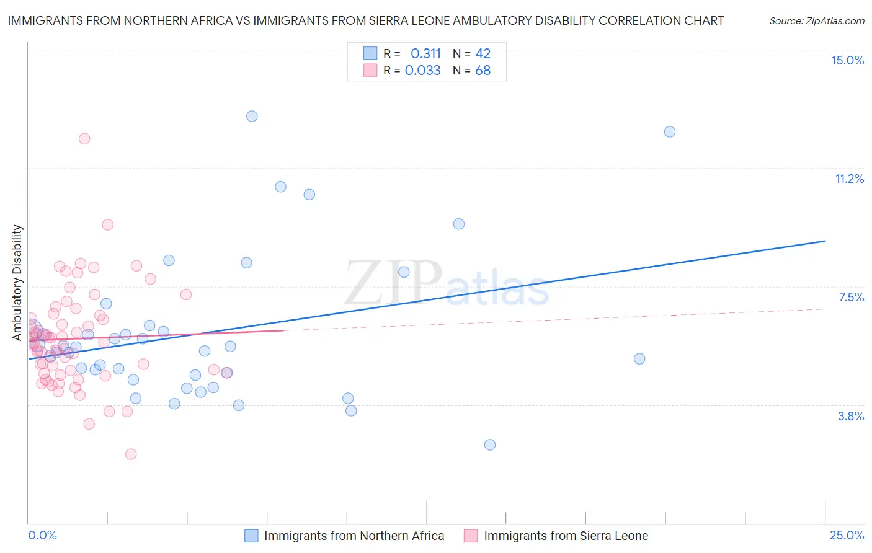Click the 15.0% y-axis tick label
[x=847, y=60]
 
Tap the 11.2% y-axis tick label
[x=849, y=179]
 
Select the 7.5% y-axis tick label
[x=851, y=297]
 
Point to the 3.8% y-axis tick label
[x=851, y=416]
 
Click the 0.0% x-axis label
[x=42, y=535]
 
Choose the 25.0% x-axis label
[x=847, y=535]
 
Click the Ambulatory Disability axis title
[x=17, y=282]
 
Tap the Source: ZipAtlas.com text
[x=816, y=20]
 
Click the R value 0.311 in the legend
[x=425, y=53]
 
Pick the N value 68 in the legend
[x=483, y=70]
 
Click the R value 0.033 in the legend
[x=422, y=70]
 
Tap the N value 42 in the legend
[x=483, y=53]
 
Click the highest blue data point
[x=252, y=116]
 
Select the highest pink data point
[x=84, y=138]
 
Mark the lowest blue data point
[x=490, y=445]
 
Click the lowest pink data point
[x=131, y=454]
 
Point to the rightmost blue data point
[x=670, y=131]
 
